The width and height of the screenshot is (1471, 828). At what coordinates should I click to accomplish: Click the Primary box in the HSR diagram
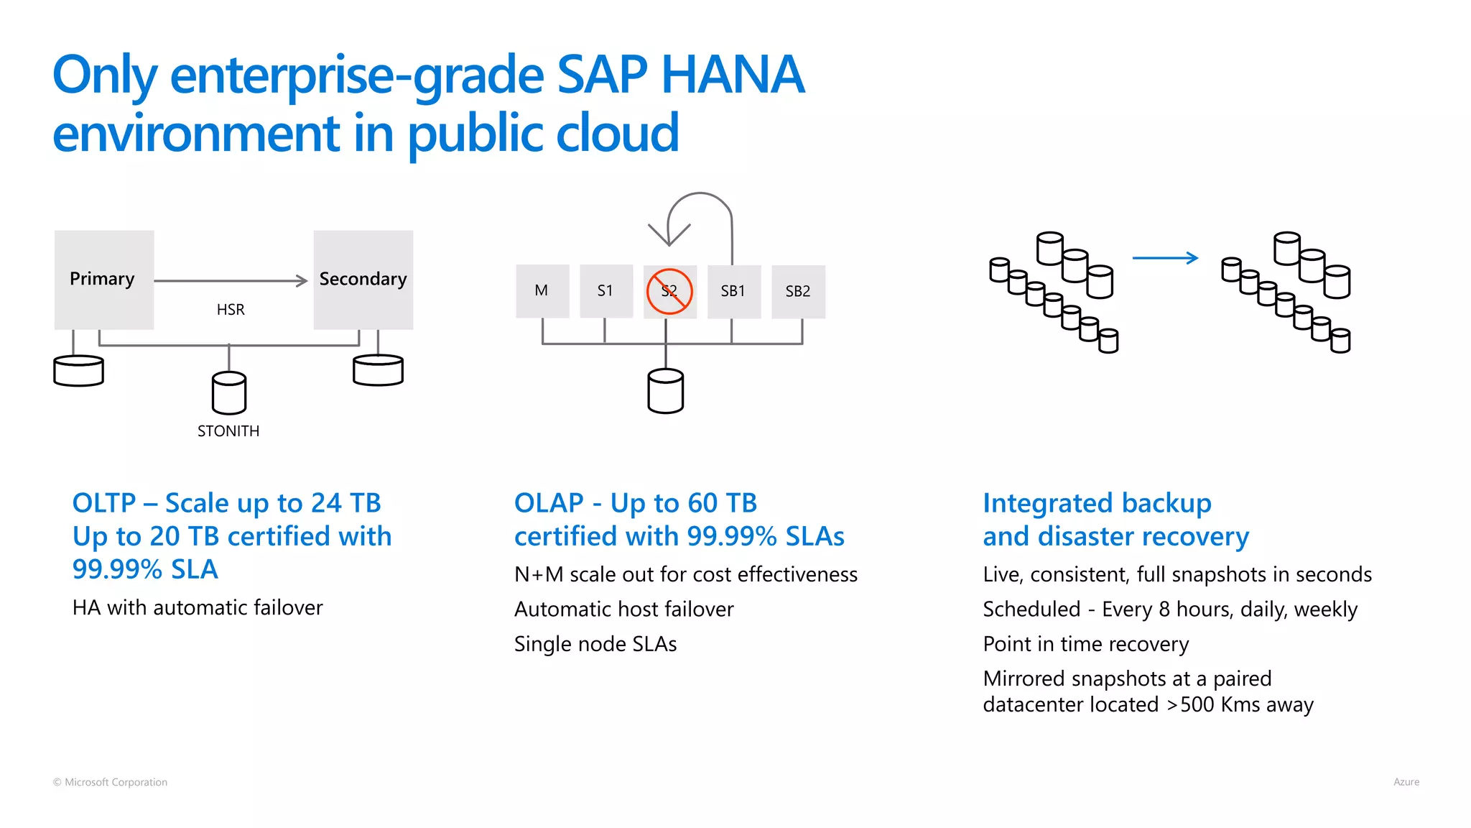click(104, 280)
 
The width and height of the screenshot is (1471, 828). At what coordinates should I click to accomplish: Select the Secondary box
click(363, 280)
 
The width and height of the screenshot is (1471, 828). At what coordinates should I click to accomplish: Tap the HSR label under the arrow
click(231, 310)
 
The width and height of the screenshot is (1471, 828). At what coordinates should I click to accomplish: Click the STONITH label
click(228, 431)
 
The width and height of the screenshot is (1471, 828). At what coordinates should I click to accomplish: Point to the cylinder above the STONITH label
click(229, 393)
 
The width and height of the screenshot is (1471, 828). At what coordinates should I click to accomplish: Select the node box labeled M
click(542, 291)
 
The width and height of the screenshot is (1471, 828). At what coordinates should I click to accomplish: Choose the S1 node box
click(605, 291)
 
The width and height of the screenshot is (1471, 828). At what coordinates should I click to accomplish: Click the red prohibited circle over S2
click(669, 291)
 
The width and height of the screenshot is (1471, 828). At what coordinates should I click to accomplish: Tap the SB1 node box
click(733, 291)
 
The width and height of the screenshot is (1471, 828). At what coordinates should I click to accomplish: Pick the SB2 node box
click(798, 291)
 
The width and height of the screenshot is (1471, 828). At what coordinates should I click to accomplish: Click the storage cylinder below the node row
click(666, 392)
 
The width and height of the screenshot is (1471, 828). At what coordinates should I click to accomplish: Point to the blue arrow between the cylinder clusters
click(1165, 258)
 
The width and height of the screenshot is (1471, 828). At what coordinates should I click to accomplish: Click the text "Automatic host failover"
click(623, 609)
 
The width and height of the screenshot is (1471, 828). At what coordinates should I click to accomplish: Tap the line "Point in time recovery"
click(1085, 644)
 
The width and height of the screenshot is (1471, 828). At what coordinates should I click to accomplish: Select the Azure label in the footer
click(1406, 782)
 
